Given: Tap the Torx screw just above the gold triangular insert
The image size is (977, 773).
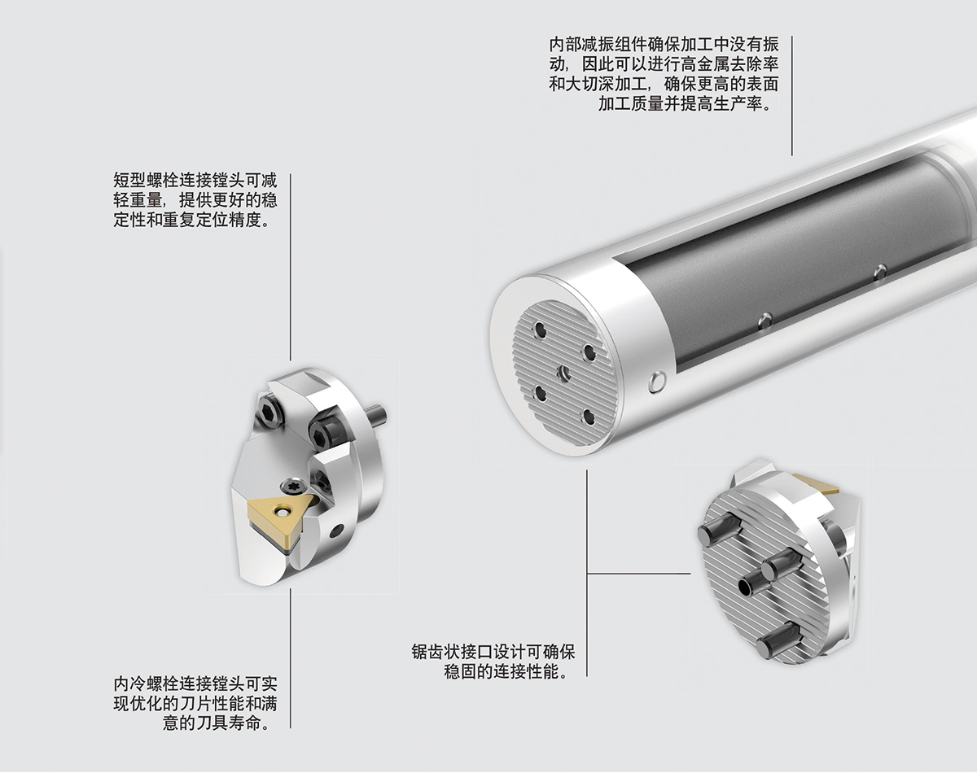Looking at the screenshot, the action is coord(289,486).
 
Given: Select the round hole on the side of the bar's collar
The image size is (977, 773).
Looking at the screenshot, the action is coord(657,382).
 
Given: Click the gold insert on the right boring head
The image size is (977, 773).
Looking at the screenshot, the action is coord(817,484).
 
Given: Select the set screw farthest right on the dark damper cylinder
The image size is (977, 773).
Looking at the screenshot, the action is coord(881,272).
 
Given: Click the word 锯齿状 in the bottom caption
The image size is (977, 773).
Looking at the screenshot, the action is coord(436,653).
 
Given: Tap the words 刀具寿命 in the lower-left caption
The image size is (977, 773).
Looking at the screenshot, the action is coord(228,723).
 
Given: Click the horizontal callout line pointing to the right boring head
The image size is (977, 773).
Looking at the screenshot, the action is coord(639,574).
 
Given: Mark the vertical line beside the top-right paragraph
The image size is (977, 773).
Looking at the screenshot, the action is coord(792,96).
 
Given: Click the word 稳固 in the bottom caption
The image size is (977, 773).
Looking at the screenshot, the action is coord(460,672).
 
